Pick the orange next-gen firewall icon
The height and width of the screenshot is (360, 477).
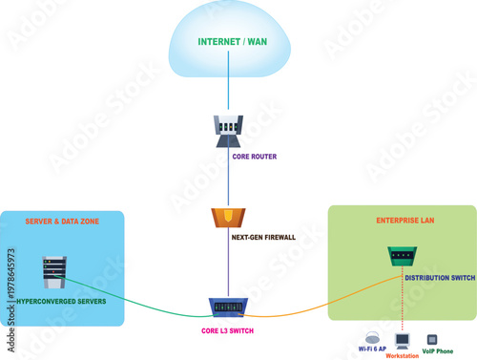(x=229, y=217)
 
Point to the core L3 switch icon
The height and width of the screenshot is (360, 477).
(x=229, y=307)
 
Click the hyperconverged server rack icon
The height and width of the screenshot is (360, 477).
(x=52, y=272)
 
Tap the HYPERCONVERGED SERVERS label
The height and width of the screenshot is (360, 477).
(x=62, y=302)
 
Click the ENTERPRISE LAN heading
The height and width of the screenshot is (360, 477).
(x=402, y=221)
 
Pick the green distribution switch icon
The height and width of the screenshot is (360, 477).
(x=401, y=255)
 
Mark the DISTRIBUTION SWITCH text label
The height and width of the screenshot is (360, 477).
(x=439, y=279)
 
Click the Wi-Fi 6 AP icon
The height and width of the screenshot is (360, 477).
(x=371, y=337)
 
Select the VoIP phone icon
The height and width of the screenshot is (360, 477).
(x=431, y=339)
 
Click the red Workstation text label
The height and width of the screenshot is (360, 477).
(x=402, y=355)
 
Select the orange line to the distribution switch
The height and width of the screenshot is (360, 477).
(x=315, y=306)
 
